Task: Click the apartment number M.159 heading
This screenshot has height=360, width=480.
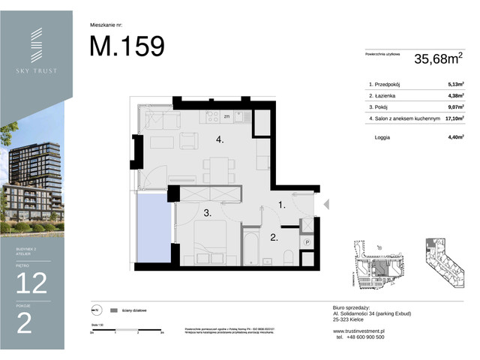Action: [x=127, y=46]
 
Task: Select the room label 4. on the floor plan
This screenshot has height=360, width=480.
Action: [x=220, y=139]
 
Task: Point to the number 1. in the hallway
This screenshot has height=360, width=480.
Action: [x=282, y=203]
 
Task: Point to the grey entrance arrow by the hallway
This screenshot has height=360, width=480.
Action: [x=325, y=203]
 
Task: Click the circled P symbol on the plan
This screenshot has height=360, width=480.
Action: [x=307, y=243]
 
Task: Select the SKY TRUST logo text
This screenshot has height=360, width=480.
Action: [x=36, y=70]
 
